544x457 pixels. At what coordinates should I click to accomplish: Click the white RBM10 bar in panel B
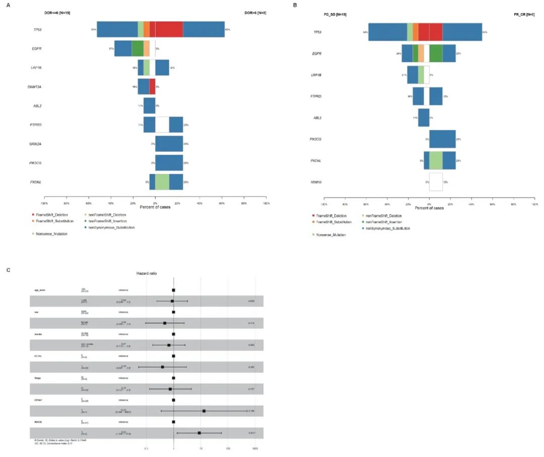coord(436,182)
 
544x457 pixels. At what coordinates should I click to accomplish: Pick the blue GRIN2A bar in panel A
coord(169,144)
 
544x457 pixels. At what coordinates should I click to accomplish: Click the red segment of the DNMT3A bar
coord(152,87)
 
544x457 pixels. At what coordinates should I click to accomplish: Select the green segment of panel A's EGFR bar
coord(138,48)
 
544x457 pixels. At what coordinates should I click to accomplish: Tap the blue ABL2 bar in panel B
coord(424,118)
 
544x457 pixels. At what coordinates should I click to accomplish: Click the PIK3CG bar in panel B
coord(442,139)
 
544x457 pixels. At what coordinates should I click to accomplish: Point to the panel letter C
coord(8,270)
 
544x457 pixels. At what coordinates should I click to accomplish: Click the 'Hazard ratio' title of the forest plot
coord(147,273)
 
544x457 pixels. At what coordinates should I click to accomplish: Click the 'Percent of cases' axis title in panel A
coord(155,207)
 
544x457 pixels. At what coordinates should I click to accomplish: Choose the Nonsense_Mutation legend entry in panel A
coord(52,234)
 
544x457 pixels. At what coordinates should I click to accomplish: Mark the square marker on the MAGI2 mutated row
coord(199,433)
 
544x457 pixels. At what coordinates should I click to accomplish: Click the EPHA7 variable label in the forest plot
coord(38,400)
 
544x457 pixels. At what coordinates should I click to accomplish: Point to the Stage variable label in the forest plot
coord(37,378)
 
